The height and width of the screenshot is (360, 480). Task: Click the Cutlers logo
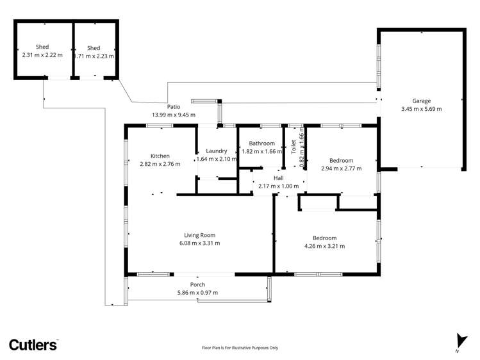[33, 345]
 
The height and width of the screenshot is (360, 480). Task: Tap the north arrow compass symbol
[457, 342]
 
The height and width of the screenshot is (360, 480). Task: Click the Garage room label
[421, 101]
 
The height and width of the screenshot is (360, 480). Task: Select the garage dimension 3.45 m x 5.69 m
[421, 109]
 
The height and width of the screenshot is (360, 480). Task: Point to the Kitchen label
[160, 156]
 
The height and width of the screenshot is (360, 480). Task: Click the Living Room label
[199, 235]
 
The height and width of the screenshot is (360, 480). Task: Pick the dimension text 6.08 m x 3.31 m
[199, 243]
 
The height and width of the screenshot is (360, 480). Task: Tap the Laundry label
[217, 151]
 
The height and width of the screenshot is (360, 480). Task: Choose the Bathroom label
[262, 143]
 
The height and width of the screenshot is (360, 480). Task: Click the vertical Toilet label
[294, 147]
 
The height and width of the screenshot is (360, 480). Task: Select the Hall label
[278, 178]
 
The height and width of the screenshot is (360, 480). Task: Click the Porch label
[197, 284]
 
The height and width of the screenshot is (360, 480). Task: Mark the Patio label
[173, 107]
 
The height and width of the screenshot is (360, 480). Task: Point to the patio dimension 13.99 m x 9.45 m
[173, 115]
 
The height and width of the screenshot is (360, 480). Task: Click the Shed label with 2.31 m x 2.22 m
[42, 47]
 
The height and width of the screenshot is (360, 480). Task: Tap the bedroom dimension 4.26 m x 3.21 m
[324, 246]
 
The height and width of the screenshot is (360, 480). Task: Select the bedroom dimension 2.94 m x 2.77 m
[341, 168]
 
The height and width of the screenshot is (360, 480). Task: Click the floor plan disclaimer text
[240, 348]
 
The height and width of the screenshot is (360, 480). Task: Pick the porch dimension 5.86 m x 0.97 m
[197, 293]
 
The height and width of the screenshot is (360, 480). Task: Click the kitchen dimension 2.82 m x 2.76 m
[160, 164]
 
